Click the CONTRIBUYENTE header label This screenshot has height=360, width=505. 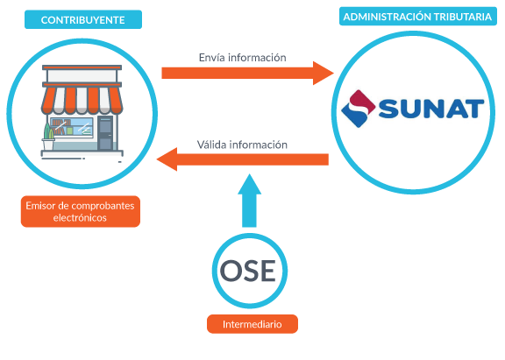click(83, 19)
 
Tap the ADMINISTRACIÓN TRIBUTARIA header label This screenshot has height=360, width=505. click(417, 17)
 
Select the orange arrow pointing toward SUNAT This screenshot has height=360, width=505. click(247, 73)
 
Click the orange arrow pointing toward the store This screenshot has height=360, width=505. click(243, 159)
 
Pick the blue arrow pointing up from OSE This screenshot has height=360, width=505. click(249, 201)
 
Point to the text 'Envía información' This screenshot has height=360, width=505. click(243, 58)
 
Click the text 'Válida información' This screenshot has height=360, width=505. click(242, 145)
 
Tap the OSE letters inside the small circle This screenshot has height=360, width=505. click(247, 271)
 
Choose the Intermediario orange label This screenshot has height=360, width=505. click(252, 324)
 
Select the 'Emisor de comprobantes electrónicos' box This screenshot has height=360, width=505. click(81, 211)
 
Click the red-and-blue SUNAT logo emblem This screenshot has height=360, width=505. click(358, 109)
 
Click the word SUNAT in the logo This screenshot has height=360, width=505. click(431, 109)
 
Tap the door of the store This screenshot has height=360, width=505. click(105, 133)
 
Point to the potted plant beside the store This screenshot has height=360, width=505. click(48, 137)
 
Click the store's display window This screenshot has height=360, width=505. click(72, 127)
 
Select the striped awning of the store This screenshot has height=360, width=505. click(82, 100)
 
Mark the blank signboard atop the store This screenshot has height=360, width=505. click(82, 76)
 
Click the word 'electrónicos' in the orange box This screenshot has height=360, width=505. click(80, 218)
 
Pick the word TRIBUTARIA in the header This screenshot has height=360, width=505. click(462, 17)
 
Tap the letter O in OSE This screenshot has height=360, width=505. click(231, 271)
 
